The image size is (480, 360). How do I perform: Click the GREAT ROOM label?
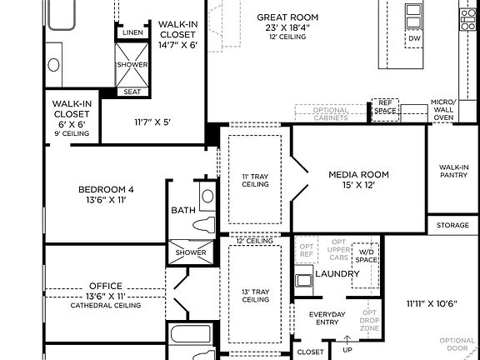(287, 17)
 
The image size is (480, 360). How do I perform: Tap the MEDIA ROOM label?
(358, 174)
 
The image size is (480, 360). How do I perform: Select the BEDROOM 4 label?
(106, 189)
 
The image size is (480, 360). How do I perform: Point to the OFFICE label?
(105, 285)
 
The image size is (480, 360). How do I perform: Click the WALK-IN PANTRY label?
(453, 172)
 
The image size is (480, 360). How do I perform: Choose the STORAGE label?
(452, 225)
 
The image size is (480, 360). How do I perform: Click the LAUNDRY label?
(337, 273)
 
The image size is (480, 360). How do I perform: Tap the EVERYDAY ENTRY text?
(327, 318)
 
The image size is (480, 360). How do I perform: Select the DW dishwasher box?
(413, 39)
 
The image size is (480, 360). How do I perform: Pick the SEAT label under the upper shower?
(132, 92)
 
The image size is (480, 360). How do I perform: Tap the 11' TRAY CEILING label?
(256, 180)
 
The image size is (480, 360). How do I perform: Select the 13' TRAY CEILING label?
(256, 296)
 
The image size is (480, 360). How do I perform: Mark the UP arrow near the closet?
(347, 342)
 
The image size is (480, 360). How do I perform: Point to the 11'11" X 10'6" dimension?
(432, 303)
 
